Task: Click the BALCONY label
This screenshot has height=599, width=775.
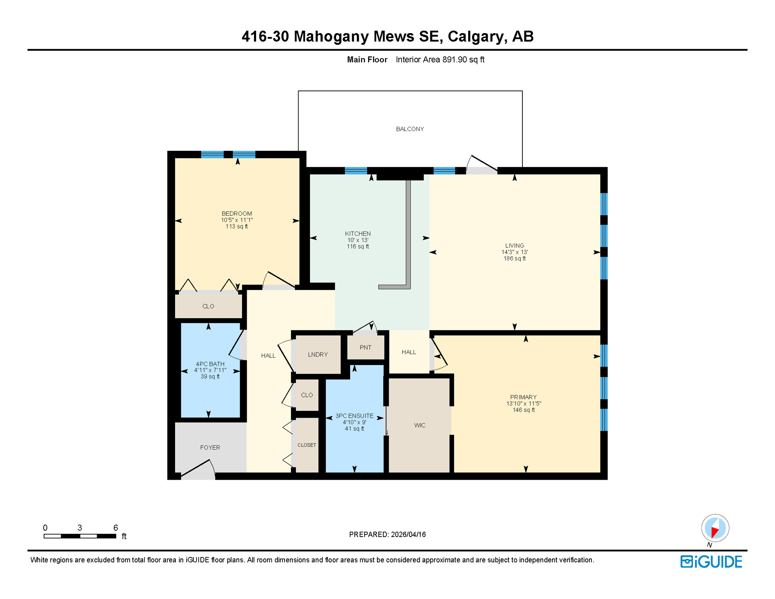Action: tap(410, 129)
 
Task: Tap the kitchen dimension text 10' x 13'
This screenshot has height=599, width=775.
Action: tap(357, 240)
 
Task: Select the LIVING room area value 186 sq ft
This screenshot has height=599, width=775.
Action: tap(514, 259)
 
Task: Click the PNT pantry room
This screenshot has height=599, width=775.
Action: tap(365, 347)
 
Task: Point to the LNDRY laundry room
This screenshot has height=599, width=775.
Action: tap(318, 354)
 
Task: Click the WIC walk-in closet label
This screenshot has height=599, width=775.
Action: tap(419, 425)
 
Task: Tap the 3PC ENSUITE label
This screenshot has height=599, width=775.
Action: tap(354, 416)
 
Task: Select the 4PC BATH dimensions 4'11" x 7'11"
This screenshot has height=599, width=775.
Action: tap(210, 370)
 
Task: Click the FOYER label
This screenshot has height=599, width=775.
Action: tap(210, 448)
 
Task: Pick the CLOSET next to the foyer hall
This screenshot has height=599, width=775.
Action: tap(307, 445)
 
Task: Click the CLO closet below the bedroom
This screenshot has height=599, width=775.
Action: tap(208, 307)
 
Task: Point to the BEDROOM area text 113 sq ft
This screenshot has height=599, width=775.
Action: tap(237, 227)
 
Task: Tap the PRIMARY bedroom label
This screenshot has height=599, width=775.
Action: tap(523, 397)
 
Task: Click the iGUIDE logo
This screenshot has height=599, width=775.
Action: tap(711, 562)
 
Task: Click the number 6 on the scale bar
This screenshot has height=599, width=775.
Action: tap(115, 528)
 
